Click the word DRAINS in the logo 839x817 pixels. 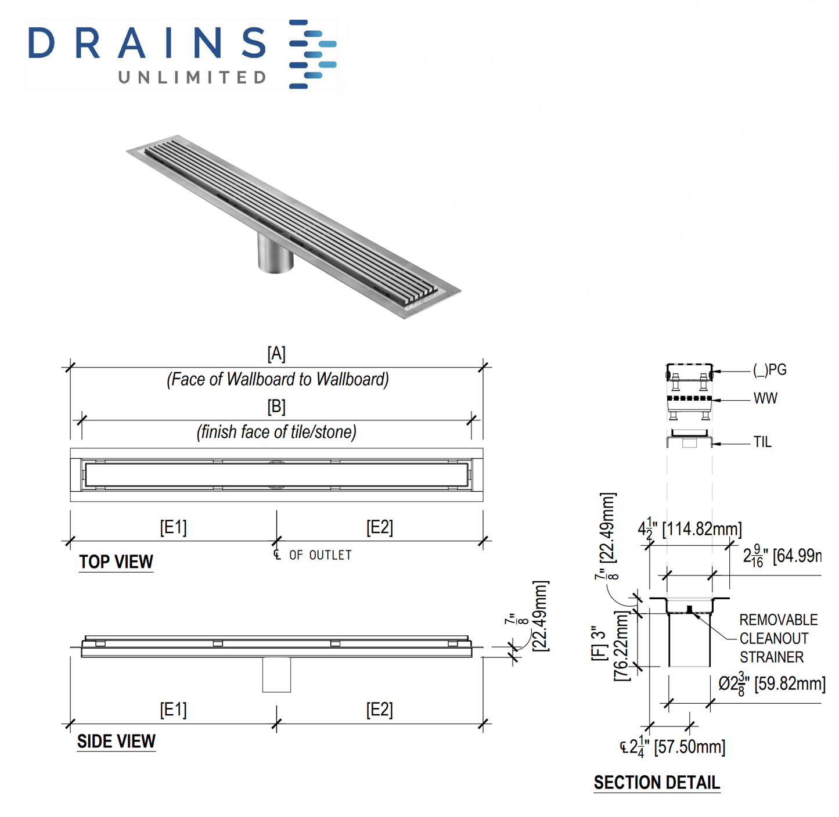tap(147, 44)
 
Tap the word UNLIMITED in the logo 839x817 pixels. tap(192, 77)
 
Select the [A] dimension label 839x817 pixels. tap(276, 354)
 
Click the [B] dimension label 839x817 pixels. tap(276, 406)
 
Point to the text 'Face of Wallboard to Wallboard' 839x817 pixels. tap(278, 379)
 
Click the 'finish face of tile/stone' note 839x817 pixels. tap(276, 432)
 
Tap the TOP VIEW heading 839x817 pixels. tap(116, 562)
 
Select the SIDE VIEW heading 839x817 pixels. tap(116, 741)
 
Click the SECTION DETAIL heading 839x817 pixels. tap(657, 782)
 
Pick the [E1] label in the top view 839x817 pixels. tap(173, 527)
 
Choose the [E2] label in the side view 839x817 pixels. tap(379, 710)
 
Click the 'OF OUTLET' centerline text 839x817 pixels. tap(320, 555)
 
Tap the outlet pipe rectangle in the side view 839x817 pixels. tap(276, 674)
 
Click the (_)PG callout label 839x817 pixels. tap(769, 370)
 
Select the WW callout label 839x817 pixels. tap(765, 398)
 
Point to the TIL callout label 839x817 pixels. tap(762, 442)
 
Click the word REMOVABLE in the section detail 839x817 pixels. tap(778, 620)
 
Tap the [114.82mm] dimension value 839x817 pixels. tap(702, 529)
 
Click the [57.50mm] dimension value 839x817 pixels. tap(689, 747)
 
